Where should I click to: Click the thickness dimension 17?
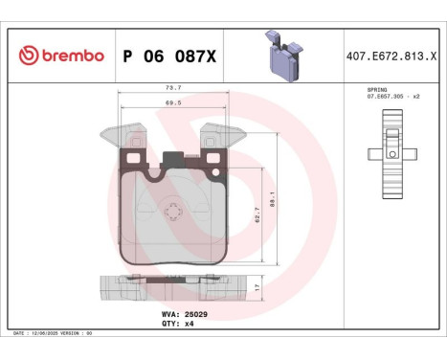coord(257,285)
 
